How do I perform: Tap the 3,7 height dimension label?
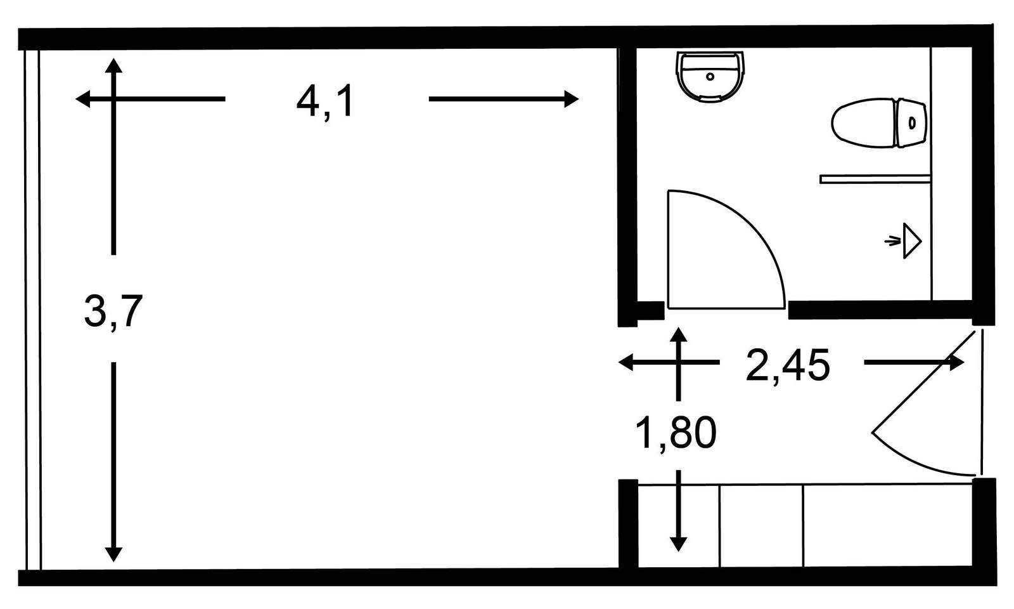tap(113, 311)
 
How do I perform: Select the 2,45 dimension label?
tap(788, 365)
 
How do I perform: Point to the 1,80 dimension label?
tap(676, 434)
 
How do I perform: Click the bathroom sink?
tap(710, 76)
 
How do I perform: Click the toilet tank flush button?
tap(912, 123)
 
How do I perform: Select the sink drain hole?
tap(710, 77)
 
